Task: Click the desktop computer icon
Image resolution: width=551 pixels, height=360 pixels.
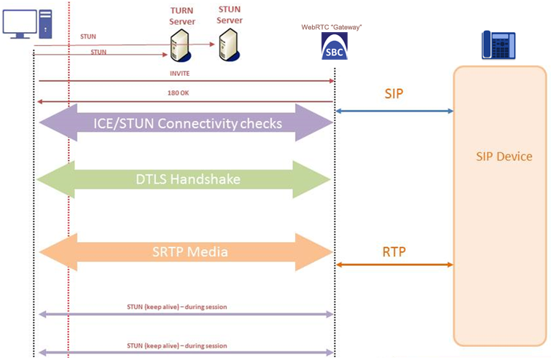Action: click(x=27, y=23)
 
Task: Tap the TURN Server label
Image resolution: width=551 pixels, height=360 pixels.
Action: click(x=182, y=17)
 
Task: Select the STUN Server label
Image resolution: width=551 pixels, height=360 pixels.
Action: click(x=230, y=15)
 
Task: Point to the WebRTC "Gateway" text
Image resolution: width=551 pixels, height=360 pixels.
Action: click(x=333, y=27)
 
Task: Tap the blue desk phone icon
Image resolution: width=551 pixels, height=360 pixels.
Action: click(x=497, y=44)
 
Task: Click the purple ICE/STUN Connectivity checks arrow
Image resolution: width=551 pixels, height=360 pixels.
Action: click(x=186, y=122)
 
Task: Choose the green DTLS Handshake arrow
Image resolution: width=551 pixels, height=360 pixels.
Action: click(x=186, y=179)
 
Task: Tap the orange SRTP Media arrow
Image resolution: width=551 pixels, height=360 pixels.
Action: click(x=186, y=251)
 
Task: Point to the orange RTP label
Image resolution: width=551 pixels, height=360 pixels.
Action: click(x=394, y=252)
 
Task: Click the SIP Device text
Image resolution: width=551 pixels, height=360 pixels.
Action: click(x=504, y=157)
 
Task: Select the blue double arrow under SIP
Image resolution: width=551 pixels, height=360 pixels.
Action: click(x=394, y=111)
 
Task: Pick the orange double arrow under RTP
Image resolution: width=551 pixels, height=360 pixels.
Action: click(x=394, y=265)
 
